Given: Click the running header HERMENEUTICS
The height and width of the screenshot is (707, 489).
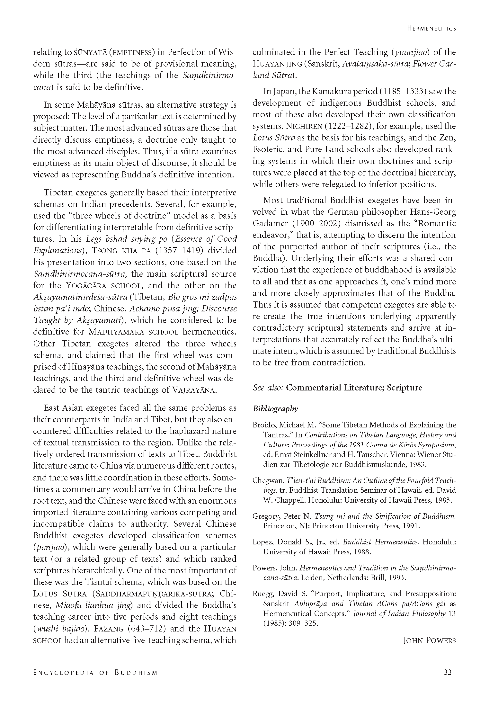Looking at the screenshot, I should (x=431, y=29).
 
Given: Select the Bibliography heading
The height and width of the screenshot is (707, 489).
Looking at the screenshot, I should (x=275, y=409).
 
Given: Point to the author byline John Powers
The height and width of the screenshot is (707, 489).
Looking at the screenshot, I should (x=429, y=640).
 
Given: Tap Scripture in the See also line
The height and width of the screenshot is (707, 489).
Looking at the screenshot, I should (x=404, y=388).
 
